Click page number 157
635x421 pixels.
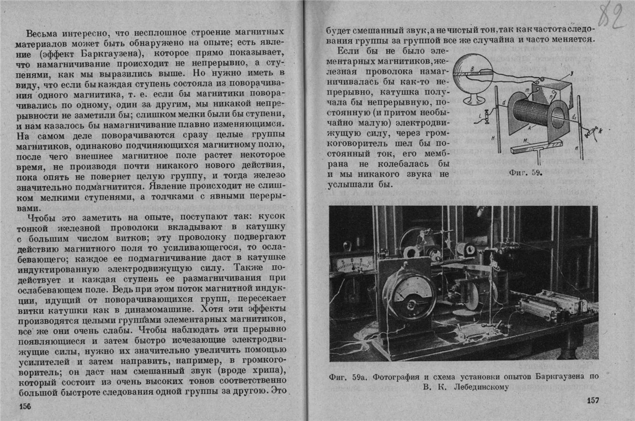click(593, 401)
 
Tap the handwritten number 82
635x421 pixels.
click(611, 15)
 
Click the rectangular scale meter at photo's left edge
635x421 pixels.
click(351, 263)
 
